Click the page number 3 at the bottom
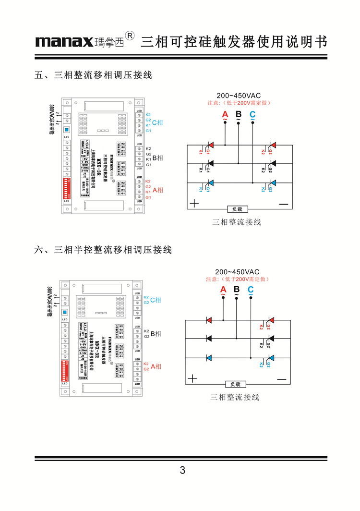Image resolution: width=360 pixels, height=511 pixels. [x=182, y=470]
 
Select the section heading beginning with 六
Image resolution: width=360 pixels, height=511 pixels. [x=103, y=250]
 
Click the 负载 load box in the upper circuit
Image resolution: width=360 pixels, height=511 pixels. [x=238, y=209]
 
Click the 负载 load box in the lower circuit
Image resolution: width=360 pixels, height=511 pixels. [x=235, y=384]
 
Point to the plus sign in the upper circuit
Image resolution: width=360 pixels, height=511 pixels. [x=194, y=203]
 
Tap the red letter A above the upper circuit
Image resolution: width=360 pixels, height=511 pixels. [x=225, y=114]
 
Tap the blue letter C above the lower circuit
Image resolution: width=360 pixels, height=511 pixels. [x=250, y=289]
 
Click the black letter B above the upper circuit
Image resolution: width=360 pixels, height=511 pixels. [x=239, y=114]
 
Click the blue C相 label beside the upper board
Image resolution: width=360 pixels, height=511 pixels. [x=157, y=123]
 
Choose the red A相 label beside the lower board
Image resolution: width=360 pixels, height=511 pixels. [x=156, y=366]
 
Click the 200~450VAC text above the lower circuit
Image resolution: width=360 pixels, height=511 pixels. [x=237, y=272]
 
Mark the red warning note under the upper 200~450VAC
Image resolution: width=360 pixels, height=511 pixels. [x=239, y=103]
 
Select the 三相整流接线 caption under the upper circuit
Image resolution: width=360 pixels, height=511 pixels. [x=237, y=222]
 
